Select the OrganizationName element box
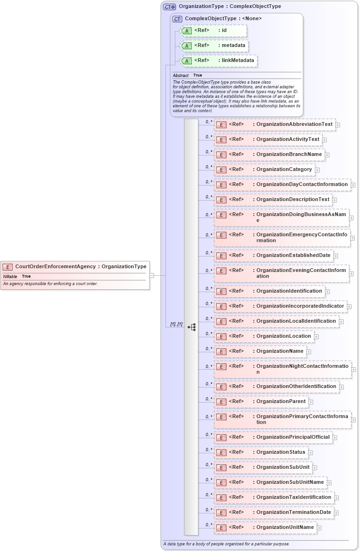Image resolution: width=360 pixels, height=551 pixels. point(259,351)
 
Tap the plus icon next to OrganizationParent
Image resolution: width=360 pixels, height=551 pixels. point(311,402)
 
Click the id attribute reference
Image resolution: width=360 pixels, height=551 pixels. point(213,31)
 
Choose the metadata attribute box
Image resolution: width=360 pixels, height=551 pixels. point(214,46)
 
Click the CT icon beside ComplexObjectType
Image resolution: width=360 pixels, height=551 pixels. point(177,19)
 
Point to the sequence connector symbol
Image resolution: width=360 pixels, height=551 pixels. point(191,327)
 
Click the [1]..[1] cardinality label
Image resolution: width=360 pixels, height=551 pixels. point(176,324)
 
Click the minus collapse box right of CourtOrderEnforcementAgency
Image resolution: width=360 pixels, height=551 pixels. point(152,275)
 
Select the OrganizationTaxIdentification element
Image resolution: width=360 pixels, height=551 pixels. point(274,497)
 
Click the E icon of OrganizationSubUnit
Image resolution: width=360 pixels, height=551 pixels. point(221,468)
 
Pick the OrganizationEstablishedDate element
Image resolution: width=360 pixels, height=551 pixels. point(274,256)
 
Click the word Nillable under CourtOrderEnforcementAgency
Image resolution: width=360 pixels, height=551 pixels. point(10,276)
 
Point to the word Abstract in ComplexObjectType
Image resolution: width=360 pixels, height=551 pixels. point(180,75)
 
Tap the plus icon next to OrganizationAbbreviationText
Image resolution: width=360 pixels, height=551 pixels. point(338,125)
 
